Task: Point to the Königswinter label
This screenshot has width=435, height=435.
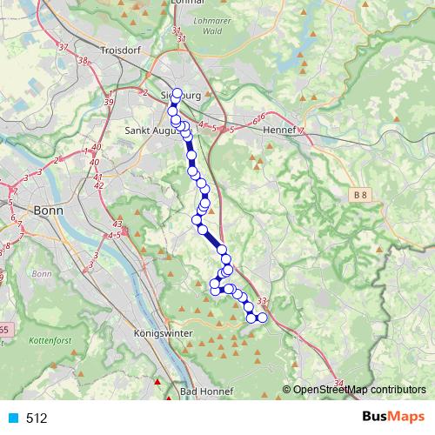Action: point(162,333)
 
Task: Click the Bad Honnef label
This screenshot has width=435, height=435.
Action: point(204,391)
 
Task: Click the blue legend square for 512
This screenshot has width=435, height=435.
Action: point(14,418)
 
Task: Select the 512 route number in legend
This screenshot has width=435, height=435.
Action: point(37,418)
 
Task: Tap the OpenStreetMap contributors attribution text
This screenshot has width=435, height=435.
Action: point(359,390)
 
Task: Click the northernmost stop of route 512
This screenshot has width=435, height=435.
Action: point(177,94)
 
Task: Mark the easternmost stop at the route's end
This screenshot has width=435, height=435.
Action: point(262,318)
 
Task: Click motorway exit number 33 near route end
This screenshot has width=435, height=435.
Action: point(263,301)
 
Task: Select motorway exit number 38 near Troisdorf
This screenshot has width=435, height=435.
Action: point(83,61)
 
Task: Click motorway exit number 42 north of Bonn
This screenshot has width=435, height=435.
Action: point(98,185)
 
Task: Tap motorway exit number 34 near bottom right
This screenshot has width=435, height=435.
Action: point(338,383)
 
